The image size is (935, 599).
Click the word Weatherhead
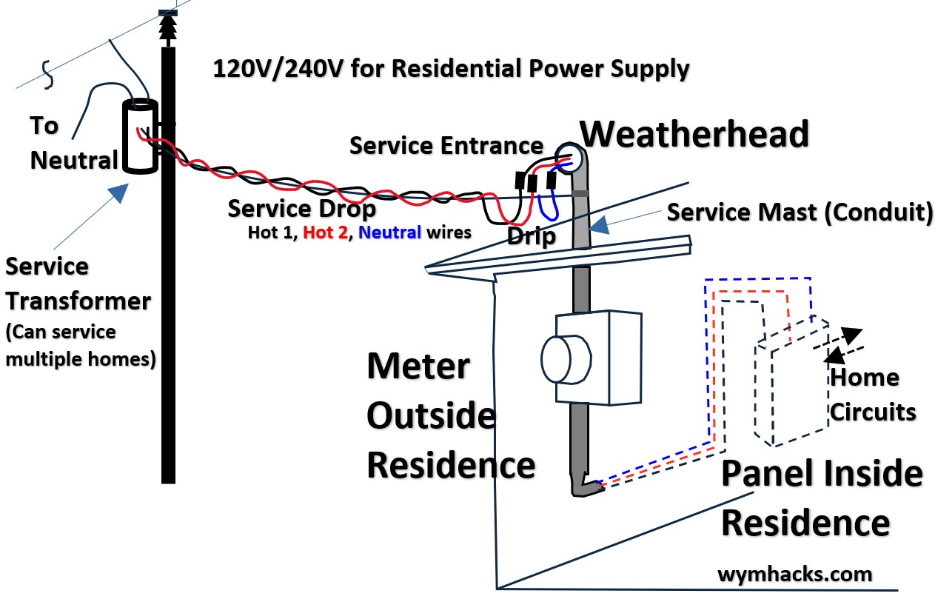click(694, 135)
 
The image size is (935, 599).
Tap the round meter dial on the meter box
click(567, 359)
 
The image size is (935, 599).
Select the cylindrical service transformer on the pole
click(139, 137)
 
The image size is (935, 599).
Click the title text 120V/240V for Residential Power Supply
click(452, 69)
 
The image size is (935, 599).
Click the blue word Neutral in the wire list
click(389, 233)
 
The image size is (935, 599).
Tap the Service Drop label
click(302, 209)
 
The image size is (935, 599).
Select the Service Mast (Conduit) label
click(800, 213)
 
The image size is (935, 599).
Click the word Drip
click(532, 237)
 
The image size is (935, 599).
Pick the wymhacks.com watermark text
click(794, 574)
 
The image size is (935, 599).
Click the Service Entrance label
click(446, 145)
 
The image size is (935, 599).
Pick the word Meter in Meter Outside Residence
click(418, 366)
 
